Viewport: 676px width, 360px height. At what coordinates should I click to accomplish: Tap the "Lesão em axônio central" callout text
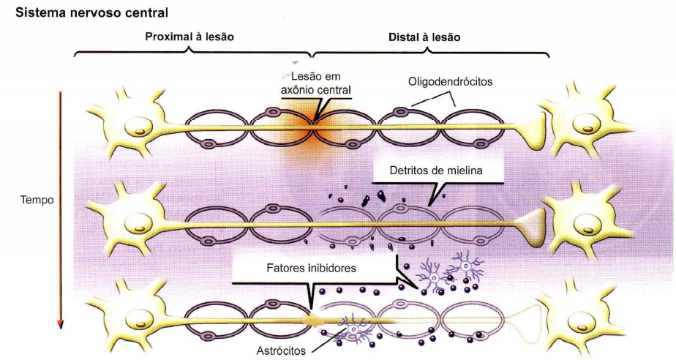[315, 83]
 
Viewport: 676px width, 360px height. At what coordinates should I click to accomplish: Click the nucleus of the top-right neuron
[590, 126]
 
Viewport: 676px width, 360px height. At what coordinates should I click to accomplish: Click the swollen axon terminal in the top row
[532, 126]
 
